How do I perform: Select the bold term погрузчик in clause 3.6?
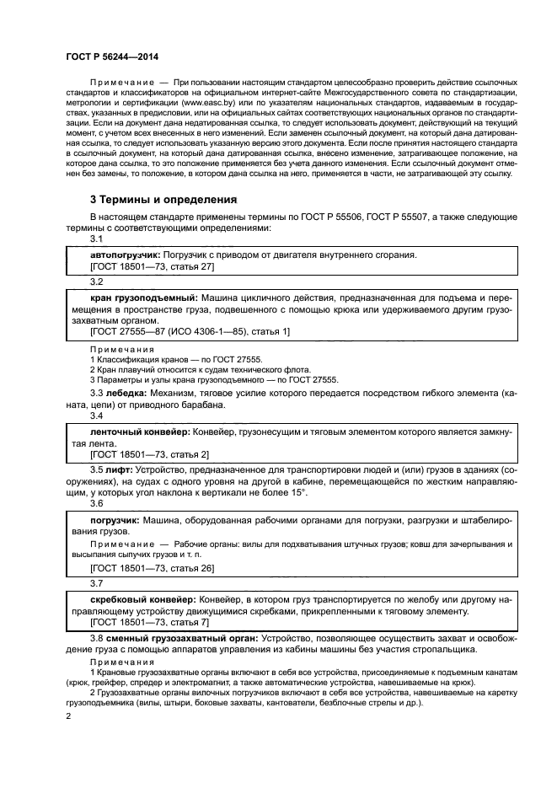point(115,520)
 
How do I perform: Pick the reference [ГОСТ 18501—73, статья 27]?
point(152,266)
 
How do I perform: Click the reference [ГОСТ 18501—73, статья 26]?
point(152,569)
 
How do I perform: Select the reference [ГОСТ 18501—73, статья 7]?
point(149,623)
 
